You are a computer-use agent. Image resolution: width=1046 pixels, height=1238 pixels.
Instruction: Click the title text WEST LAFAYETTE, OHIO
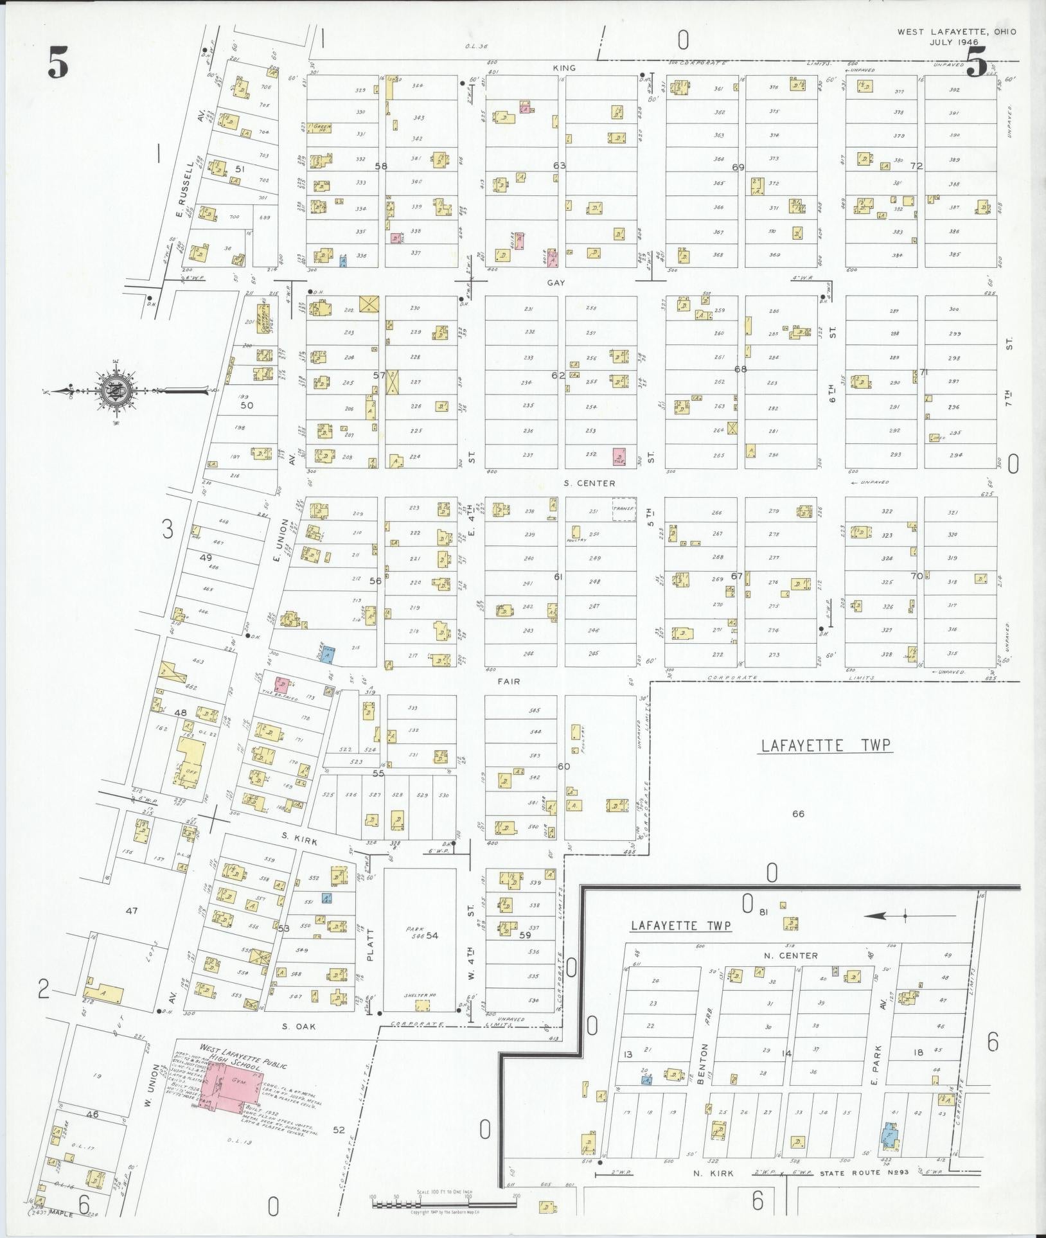point(957,31)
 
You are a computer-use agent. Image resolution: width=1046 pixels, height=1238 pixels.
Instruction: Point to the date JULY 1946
point(954,42)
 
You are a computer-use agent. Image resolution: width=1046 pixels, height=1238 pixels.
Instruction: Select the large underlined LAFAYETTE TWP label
point(826,746)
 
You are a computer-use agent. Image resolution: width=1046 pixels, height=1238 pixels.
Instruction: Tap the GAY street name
point(556,282)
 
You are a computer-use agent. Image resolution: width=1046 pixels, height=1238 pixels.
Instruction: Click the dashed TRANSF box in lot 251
point(623,509)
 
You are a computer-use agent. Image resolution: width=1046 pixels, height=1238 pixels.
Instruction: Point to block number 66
point(798,814)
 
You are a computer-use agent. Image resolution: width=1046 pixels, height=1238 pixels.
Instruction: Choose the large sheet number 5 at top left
point(58,64)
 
